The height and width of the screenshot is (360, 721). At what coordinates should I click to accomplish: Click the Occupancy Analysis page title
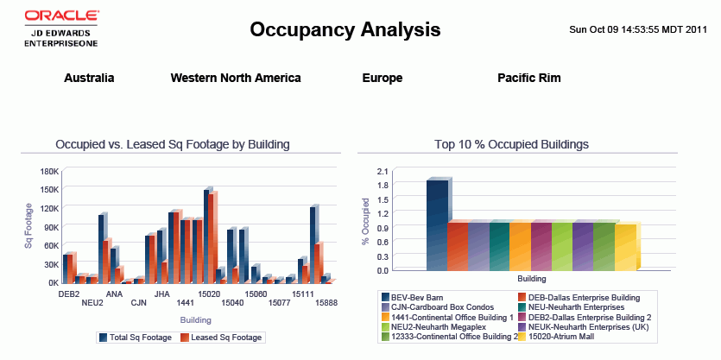click(x=345, y=30)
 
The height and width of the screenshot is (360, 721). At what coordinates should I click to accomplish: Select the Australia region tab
click(x=89, y=78)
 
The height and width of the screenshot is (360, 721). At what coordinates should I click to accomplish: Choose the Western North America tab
click(x=236, y=78)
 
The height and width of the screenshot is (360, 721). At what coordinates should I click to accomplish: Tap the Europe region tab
click(x=383, y=78)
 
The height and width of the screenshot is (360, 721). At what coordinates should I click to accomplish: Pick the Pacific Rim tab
click(x=529, y=78)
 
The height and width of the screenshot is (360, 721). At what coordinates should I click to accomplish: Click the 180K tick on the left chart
click(x=49, y=171)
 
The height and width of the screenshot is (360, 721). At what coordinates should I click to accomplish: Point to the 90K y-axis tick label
click(x=50, y=227)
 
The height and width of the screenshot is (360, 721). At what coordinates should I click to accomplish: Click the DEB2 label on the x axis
click(x=69, y=294)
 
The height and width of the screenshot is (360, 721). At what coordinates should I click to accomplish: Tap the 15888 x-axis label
click(x=326, y=303)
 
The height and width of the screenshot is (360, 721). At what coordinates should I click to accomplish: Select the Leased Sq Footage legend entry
click(x=226, y=338)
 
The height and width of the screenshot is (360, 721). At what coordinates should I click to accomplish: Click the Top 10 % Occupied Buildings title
click(x=518, y=144)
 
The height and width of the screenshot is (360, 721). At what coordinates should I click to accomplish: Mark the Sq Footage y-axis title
click(x=28, y=225)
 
